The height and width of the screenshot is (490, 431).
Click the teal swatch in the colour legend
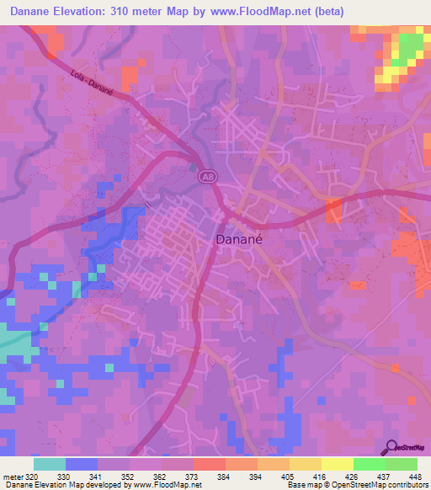click(50, 464)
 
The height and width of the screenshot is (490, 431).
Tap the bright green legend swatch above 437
click(370, 464)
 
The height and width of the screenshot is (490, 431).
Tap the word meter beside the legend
click(11, 476)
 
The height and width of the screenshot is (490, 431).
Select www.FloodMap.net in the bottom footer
click(164, 485)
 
